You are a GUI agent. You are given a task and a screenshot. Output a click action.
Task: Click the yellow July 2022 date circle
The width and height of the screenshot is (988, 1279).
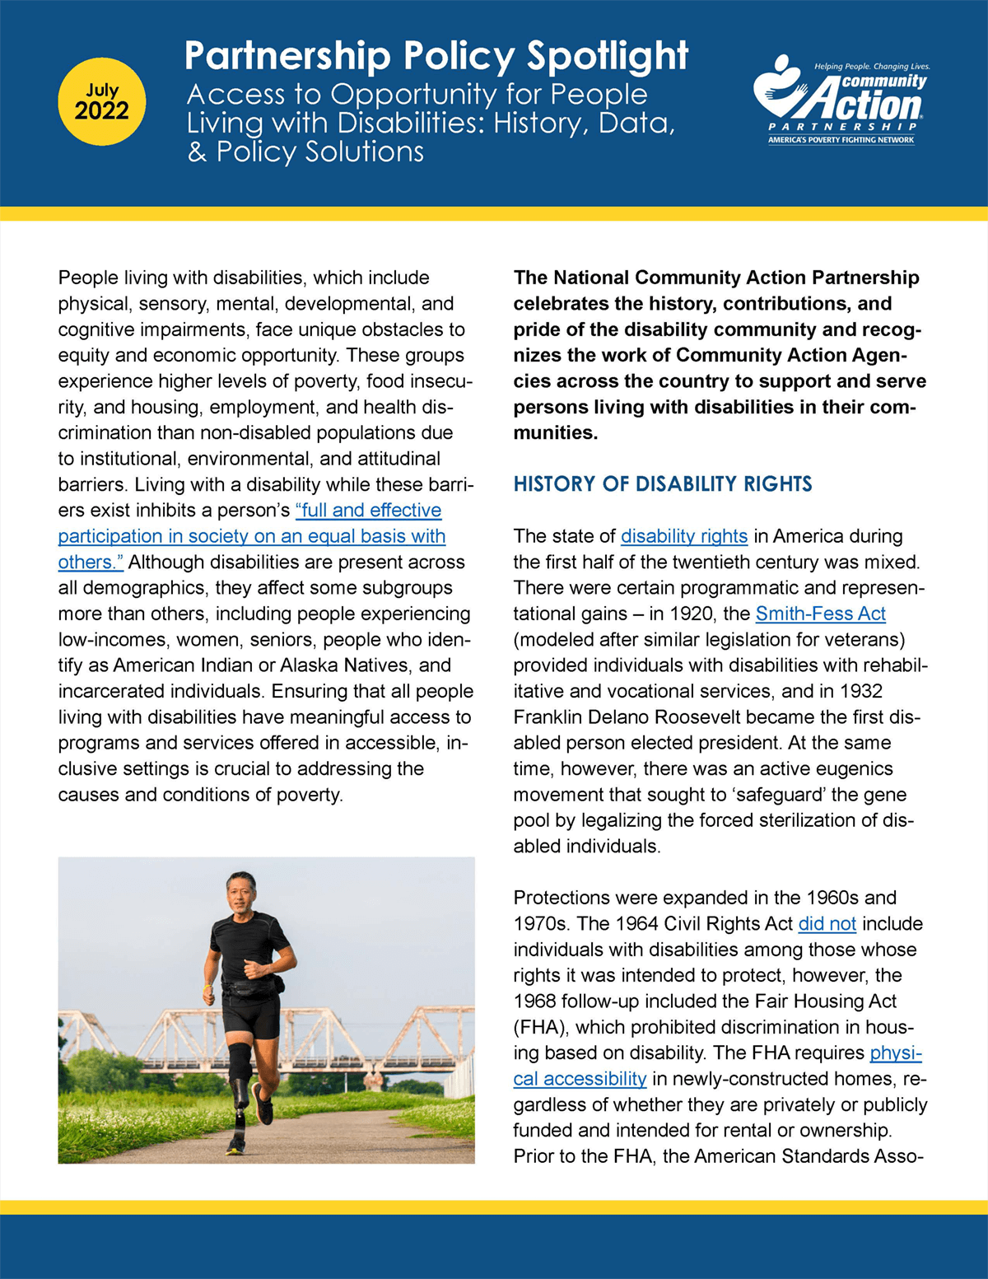point(102,102)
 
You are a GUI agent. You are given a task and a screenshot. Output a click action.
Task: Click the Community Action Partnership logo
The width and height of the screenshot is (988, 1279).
point(840,99)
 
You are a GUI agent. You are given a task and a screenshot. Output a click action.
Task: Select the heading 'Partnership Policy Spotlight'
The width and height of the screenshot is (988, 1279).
point(436,56)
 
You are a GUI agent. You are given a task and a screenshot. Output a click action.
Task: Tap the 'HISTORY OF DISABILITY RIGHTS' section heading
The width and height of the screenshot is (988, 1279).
point(662,484)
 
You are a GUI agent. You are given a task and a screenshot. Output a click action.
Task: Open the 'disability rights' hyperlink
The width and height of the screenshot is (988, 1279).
point(683,537)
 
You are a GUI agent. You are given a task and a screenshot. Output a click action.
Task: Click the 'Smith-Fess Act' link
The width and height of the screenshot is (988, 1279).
point(820,614)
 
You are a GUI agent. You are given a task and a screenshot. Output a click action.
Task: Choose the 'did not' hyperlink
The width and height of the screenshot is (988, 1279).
point(827,924)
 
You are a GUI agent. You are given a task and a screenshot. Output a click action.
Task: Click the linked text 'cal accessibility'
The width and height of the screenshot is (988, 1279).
point(580,1079)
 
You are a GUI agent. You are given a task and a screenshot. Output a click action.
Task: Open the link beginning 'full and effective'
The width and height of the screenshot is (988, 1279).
point(368,511)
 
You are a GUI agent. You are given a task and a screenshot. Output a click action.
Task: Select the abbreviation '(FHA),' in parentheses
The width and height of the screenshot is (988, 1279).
point(541,1027)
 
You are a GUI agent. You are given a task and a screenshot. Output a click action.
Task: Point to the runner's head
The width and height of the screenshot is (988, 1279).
point(241,891)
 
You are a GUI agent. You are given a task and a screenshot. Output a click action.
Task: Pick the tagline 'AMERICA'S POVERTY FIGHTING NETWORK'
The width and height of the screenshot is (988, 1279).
point(841,140)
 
